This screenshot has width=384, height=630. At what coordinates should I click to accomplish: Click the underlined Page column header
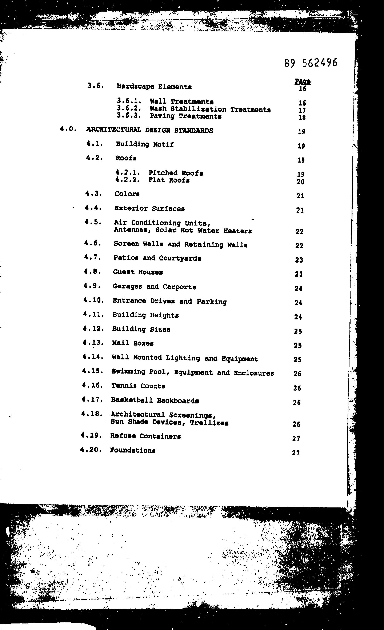[303, 81]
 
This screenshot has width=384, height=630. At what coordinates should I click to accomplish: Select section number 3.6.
[95, 86]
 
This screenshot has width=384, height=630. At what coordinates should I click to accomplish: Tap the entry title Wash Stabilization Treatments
[210, 109]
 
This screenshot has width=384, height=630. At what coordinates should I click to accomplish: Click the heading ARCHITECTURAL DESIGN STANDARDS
[149, 130]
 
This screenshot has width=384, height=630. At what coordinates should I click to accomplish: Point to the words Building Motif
[144, 144]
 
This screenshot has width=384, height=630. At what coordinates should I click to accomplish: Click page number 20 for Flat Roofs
[300, 182]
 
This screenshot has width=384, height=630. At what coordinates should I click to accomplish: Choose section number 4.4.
[93, 208]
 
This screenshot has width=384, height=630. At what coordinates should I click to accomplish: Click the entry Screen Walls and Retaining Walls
[180, 245]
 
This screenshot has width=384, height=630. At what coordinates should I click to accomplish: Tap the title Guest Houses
[138, 272]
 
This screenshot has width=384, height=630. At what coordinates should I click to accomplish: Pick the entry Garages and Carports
[154, 287]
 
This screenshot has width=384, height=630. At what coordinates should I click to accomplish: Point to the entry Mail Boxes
[133, 343]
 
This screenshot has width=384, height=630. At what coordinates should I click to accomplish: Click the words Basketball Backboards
[155, 401]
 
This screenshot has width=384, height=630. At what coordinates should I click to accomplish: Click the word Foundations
[133, 451]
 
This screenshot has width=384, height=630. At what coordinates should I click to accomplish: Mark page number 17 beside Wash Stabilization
[302, 111]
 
